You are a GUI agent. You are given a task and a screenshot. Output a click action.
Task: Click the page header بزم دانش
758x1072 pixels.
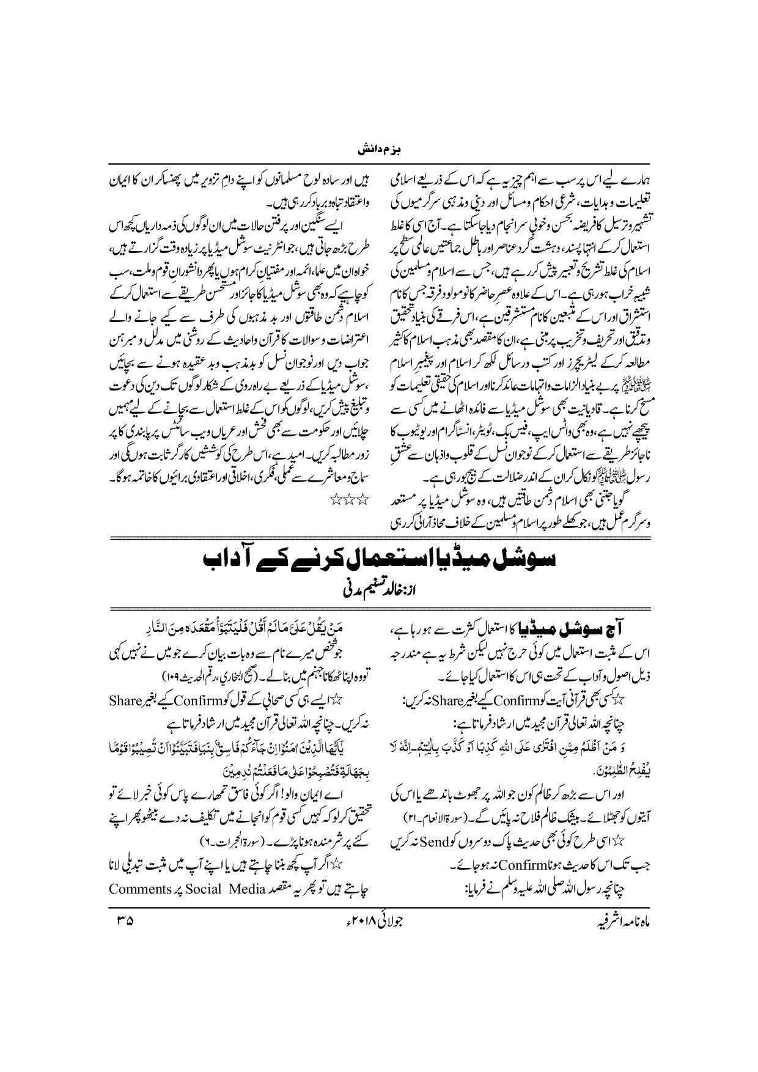coord(378,149)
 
